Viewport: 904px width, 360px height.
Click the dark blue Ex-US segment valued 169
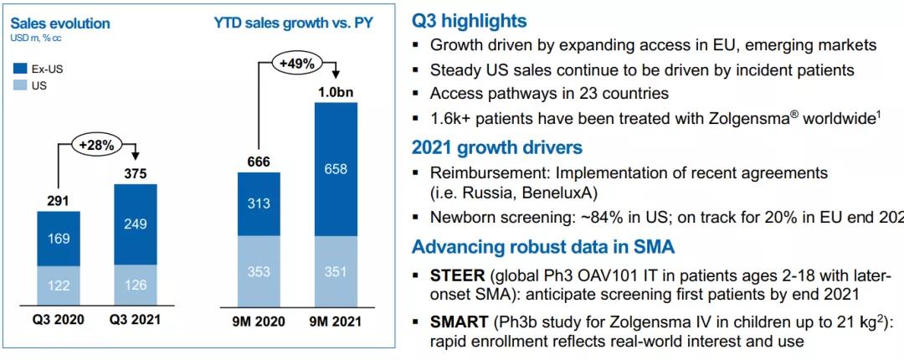59,239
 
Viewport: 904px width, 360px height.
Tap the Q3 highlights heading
470,21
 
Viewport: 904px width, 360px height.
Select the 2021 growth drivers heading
497,147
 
